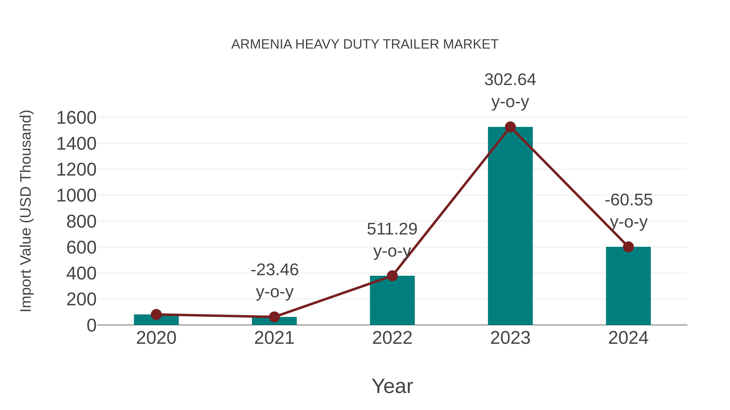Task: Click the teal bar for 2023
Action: tap(510, 226)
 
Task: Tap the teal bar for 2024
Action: tap(628, 286)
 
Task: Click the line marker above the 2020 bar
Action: tap(156, 314)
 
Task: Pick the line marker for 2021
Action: tap(274, 317)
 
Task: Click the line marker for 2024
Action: tap(628, 247)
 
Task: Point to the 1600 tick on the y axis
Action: tap(76, 118)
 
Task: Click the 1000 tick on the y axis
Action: tap(76, 196)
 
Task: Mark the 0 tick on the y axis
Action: tap(91, 325)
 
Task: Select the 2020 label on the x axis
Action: tap(156, 338)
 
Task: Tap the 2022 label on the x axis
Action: tap(392, 338)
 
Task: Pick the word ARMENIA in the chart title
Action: tap(262, 44)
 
